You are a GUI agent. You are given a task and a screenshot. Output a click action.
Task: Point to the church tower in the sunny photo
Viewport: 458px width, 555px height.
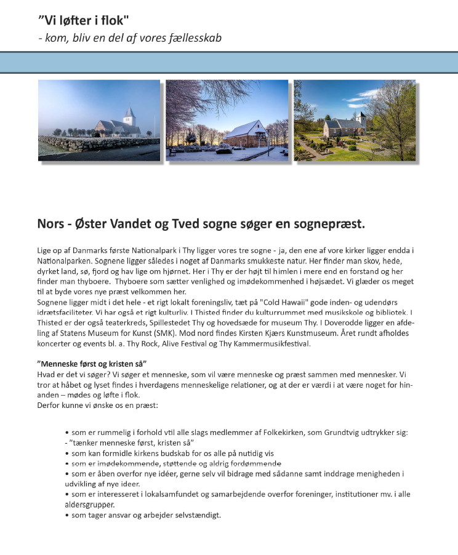pos(361,118)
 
